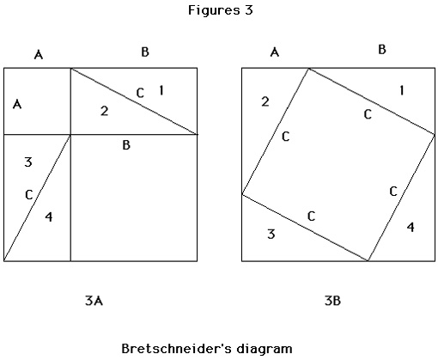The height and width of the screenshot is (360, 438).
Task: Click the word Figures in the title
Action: coord(214,10)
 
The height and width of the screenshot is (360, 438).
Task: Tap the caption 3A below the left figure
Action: coord(94,301)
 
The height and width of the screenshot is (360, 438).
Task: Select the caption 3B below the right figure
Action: coord(332,301)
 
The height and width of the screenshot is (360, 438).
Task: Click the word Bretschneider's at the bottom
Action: coord(176,349)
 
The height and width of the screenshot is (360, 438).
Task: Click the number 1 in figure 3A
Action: coord(161,90)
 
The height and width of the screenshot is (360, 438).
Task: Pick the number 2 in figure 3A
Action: coord(105,111)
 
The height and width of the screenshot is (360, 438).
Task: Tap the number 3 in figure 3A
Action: coord(28,162)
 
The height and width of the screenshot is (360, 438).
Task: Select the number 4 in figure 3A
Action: coord(49,217)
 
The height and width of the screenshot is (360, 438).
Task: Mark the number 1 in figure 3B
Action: coord(402,90)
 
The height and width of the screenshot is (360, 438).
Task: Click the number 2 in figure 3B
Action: coord(265,101)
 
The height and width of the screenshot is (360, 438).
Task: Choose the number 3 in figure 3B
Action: coord(271,234)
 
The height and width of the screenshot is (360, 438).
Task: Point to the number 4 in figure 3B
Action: coord(411,227)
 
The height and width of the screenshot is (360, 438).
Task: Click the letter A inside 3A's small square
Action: coord(17,104)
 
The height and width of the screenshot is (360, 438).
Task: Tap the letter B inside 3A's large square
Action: coord(126,145)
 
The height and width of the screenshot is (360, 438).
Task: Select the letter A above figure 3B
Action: coord(275,52)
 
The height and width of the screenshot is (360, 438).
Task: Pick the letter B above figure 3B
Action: coord(382,49)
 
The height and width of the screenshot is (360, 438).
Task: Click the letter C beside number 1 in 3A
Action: coord(140,93)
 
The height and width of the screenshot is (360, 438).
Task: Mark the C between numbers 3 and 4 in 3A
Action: coord(29,195)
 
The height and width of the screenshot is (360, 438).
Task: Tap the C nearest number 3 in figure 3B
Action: coord(311,216)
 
